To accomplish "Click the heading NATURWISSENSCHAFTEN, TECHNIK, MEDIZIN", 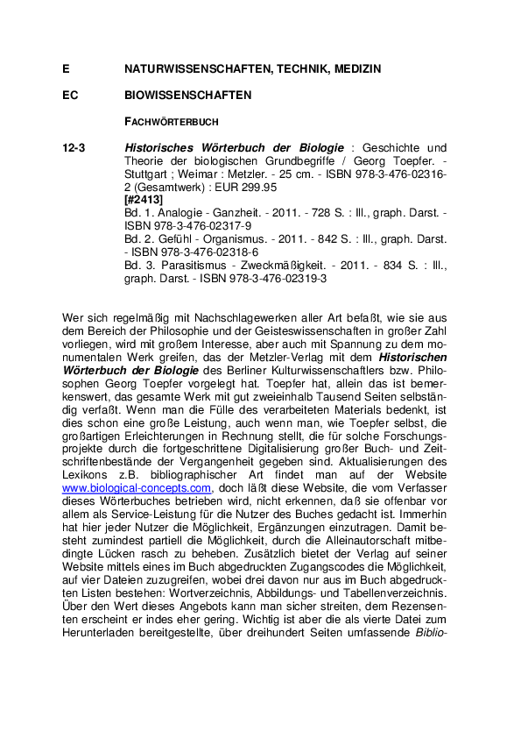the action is (252, 68).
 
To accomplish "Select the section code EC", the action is (71, 95).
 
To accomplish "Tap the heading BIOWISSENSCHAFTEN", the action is (188, 95).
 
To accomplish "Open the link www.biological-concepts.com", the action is (137, 487).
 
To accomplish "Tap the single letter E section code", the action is (66, 68).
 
